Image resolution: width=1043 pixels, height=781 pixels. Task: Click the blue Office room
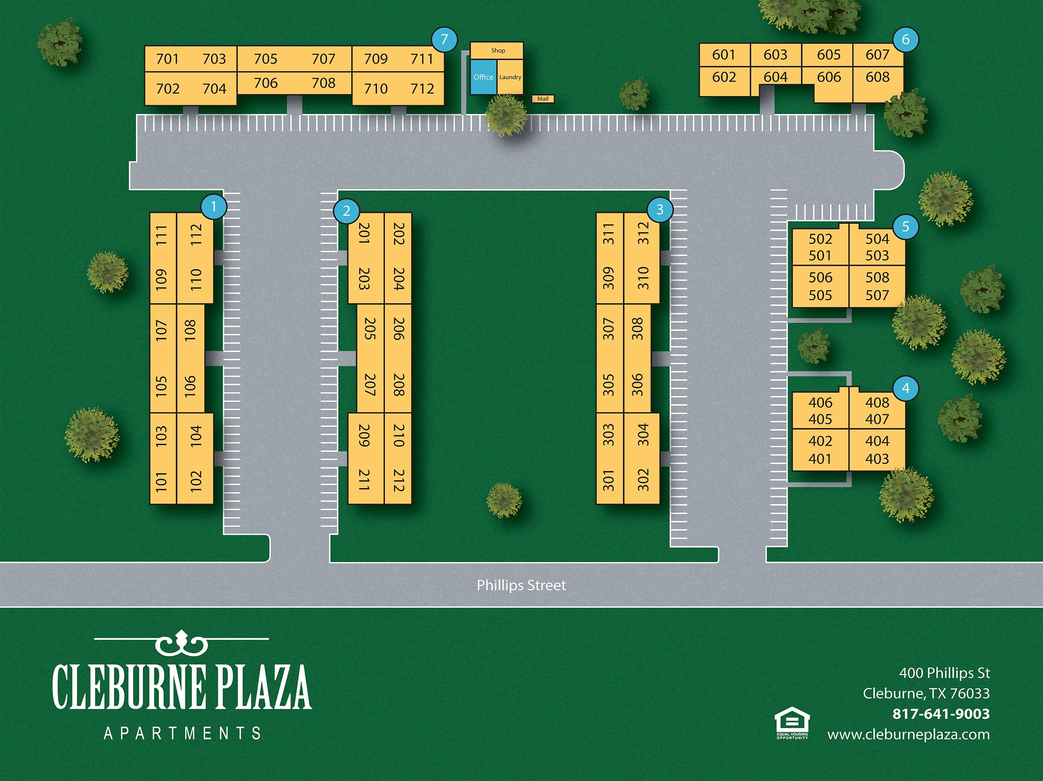click(x=483, y=77)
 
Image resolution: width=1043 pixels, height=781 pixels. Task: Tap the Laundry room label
click(x=510, y=77)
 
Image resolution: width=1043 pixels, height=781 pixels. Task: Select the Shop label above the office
click(x=498, y=50)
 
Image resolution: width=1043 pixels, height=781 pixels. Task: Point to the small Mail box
click(x=543, y=99)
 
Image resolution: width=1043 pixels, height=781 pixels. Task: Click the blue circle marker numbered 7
click(x=444, y=39)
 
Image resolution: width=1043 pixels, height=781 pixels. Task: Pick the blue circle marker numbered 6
click(x=905, y=39)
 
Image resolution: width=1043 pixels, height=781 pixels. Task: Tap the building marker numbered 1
click(x=213, y=207)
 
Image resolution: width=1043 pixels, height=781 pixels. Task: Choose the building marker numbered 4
click(x=905, y=388)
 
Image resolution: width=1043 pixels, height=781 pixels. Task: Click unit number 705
click(x=265, y=59)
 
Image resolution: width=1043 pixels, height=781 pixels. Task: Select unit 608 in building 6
click(x=877, y=77)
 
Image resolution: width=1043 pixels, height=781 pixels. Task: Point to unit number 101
click(x=161, y=481)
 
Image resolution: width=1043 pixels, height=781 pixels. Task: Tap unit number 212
click(x=399, y=480)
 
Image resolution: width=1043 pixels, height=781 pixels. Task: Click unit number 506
click(x=821, y=277)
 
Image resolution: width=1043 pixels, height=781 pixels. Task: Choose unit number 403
click(x=877, y=458)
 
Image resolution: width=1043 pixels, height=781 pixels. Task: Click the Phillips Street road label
click(x=521, y=585)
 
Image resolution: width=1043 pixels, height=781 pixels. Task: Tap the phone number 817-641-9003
click(x=941, y=714)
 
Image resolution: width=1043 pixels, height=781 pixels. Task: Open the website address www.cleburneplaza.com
click(x=908, y=734)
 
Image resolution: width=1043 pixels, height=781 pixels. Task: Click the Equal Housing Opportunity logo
click(x=792, y=723)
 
